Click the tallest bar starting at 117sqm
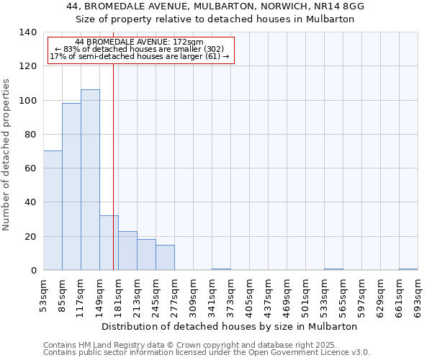(90, 180)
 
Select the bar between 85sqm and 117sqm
(71, 186)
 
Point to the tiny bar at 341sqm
(221, 269)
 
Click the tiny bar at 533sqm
(333, 269)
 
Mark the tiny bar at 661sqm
(408, 269)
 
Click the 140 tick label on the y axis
(27, 32)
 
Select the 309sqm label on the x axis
(194, 294)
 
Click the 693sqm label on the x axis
(418, 294)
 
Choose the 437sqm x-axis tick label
(269, 294)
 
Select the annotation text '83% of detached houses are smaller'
(141, 49)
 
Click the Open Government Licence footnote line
(207, 353)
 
